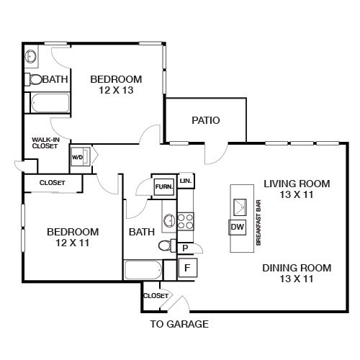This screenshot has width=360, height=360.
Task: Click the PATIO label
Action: coord(206,120)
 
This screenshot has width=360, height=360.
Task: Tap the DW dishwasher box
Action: coord(238,227)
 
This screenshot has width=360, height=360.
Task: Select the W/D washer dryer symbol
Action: coord(81,157)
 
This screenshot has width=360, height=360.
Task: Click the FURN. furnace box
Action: coord(164,186)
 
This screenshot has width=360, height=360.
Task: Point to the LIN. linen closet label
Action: coord(186,181)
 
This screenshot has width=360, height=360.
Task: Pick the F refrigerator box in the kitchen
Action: coord(187,268)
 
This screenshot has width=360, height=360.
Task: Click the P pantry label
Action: coord(185,248)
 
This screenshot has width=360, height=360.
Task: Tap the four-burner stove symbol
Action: coord(185,222)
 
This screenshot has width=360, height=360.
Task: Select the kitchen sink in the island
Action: coord(240,207)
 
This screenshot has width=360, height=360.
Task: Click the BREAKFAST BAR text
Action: coord(258,222)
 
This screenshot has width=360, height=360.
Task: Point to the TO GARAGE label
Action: coord(179,324)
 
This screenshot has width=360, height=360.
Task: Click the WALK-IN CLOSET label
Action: coord(45,143)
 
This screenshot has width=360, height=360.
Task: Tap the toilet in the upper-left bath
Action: coord(34,79)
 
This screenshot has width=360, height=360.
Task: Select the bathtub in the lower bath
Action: coord(143,270)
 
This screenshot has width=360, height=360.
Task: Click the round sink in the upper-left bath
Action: coord(31,56)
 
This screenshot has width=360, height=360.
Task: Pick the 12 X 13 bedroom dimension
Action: coord(116,90)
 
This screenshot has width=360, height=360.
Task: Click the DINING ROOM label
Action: coord(297,268)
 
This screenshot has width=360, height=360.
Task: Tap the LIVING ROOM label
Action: coord(297,184)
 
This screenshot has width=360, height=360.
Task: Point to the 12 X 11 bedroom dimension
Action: coord(73,243)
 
